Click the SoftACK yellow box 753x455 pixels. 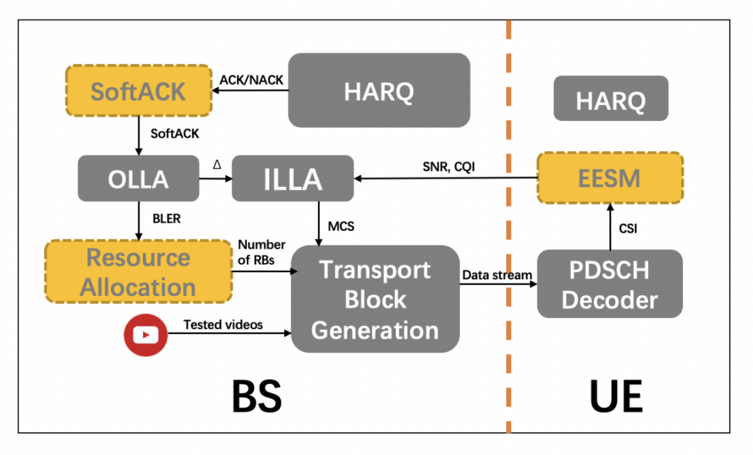coord(138,91)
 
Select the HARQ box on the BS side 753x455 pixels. coord(378,90)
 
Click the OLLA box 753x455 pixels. coord(138,178)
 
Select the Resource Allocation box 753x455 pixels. coord(138,272)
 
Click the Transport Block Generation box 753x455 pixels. coord(375,299)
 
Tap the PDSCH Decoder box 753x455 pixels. coord(609,284)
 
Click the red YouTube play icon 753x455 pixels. coord(144,335)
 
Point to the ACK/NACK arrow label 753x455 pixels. coord(251,80)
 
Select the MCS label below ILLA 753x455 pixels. coord(341,226)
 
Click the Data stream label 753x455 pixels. coord(498,274)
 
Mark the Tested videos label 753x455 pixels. coord(223,325)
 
